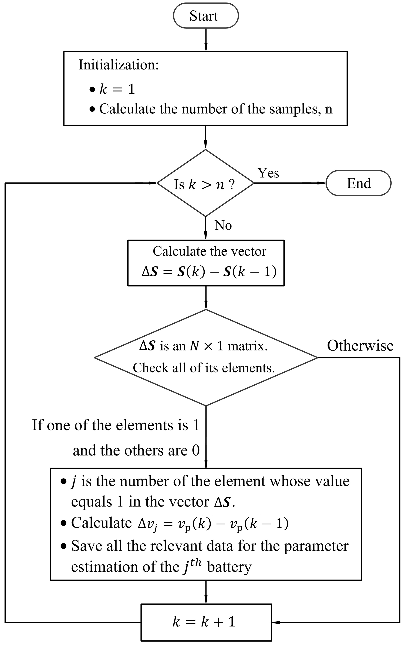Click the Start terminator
[206, 16]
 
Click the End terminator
[358, 183]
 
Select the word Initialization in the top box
[118, 65]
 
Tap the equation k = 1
[117, 89]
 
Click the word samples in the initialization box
[293, 109]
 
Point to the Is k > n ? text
[204, 184]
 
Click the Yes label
[268, 173]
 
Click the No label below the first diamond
[223, 225]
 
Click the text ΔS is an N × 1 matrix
[203, 346]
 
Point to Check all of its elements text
[204, 368]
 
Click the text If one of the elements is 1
[116, 425]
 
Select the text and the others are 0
[136, 451]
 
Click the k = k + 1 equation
[204, 622]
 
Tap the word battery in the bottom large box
[229, 567]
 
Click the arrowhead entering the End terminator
[321, 183]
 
